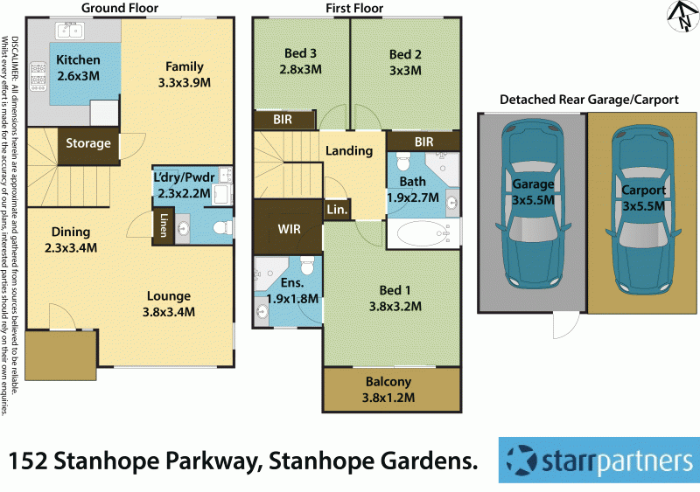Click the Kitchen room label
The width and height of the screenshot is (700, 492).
(78, 68)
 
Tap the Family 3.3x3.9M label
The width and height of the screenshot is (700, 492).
(185, 74)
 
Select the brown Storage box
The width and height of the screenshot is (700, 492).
(88, 143)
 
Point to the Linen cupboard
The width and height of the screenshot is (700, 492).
(164, 225)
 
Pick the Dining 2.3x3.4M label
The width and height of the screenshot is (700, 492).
(71, 239)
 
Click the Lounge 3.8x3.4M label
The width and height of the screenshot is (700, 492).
(168, 303)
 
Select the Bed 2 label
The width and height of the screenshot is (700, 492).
(405, 61)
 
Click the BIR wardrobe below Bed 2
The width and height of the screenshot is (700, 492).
(423, 141)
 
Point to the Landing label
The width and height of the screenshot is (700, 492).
(349, 151)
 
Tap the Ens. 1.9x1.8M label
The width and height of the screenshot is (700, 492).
(292, 291)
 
